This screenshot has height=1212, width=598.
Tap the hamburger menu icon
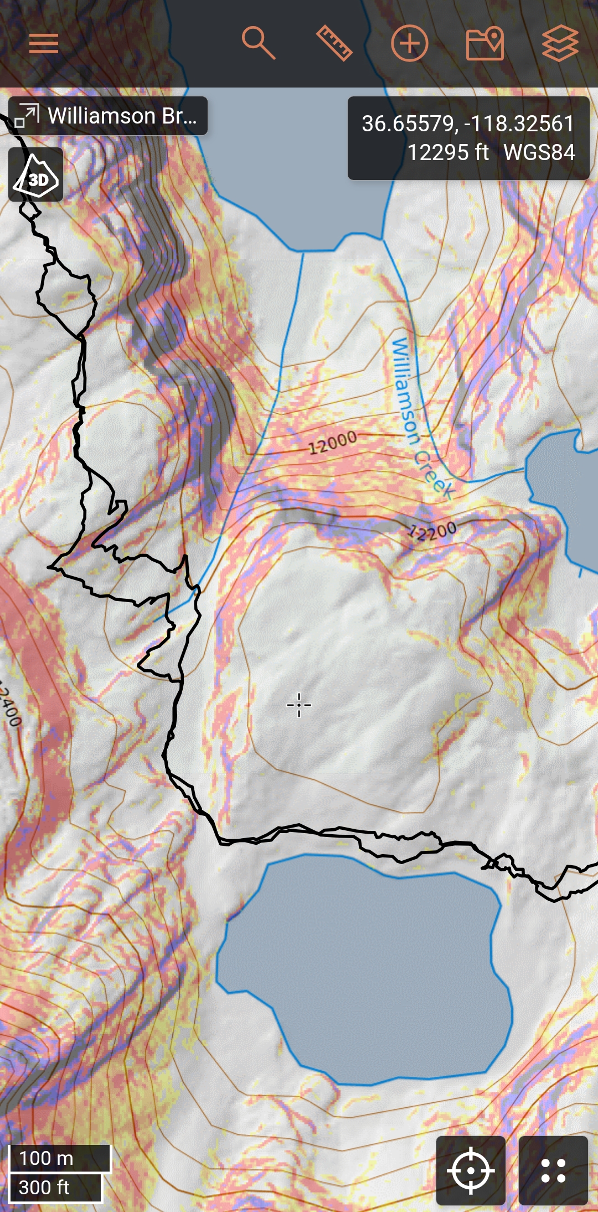pyautogui.click(x=44, y=43)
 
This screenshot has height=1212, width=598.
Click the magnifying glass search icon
pyautogui.click(x=258, y=43)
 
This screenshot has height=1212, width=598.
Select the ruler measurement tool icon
pyautogui.click(x=334, y=43)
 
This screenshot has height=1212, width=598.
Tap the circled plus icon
pyautogui.click(x=410, y=43)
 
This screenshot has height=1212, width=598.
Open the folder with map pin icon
pyautogui.click(x=485, y=43)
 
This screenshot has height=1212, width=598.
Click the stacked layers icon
pyautogui.click(x=560, y=43)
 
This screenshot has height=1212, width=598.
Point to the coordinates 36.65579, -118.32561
pyautogui.click(x=468, y=124)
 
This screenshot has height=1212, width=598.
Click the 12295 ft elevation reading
pyautogui.click(x=448, y=152)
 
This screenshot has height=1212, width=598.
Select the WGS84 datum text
pyautogui.click(x=539, y=152)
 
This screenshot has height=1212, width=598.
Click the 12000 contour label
pyautogui.click(x=332, y=443)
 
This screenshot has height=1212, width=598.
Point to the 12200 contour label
pyautogui.click(x=432, y=531)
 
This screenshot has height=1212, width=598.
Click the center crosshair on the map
pyautogui.click(x=299, y=705)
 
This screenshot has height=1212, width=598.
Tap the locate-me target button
pyautogui.click(x=471, y=1170)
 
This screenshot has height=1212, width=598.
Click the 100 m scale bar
pyautogui.click(x=60, y=1158)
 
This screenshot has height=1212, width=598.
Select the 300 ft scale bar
pyautogui.click(x=55, y=1188)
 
